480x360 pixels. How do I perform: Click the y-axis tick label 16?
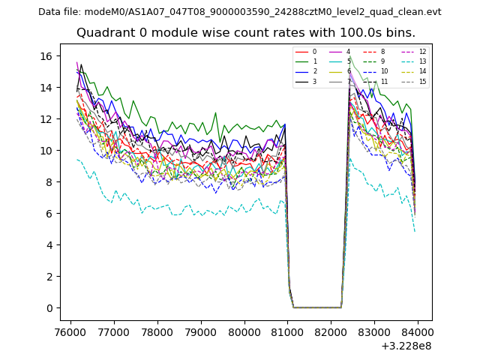point(45,56)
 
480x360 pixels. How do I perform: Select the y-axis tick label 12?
point(45,119)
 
